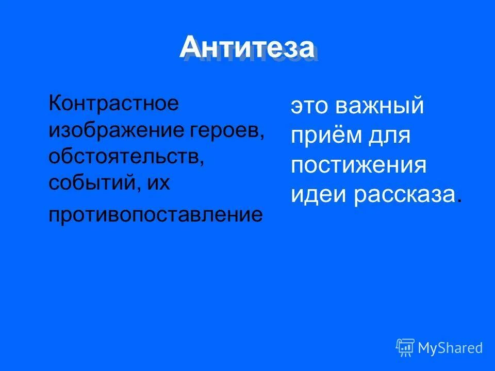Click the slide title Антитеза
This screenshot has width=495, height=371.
coord(247,48)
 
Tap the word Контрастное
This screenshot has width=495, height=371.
coord(114,103)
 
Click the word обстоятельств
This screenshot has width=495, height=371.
coord(124,157)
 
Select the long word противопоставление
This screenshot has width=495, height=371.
coord(155,214)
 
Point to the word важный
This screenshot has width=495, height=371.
coord(380,107)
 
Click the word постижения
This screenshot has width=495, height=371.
coord(358,166)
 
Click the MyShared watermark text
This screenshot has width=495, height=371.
coord(450,348)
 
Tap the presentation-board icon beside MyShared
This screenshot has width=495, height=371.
coord(405,347)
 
